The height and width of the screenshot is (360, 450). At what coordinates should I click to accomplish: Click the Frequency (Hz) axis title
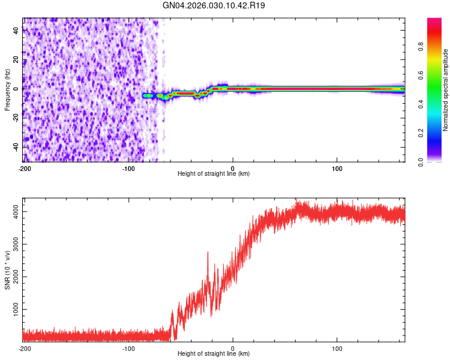point(7,89)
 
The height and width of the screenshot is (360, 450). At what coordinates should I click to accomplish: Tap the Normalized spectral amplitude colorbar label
point(446,90)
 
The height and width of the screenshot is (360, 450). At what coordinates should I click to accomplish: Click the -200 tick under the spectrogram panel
point(24,167)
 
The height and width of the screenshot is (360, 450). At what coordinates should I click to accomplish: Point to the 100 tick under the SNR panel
point(337,347)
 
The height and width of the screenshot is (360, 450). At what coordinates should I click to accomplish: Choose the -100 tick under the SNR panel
point(128,347)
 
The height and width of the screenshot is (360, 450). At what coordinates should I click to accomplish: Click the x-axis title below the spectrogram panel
point(214,174)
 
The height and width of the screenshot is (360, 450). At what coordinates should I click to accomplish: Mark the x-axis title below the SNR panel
point(214,354)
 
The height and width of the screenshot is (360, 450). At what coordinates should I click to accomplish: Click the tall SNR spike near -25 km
point(208,254)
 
